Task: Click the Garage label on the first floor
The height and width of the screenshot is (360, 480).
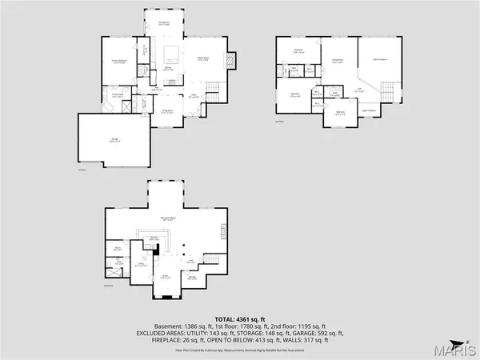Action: (x=102, y=141)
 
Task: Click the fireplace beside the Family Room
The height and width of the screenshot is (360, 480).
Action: (x=231, y=62)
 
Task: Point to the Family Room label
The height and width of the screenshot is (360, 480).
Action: (x=203, y=59)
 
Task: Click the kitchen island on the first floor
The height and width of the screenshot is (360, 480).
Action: (x=171, y=55)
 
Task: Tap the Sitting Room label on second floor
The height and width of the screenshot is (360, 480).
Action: (x=337, y=60)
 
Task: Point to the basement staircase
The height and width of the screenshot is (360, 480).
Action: (x=212, y=260)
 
